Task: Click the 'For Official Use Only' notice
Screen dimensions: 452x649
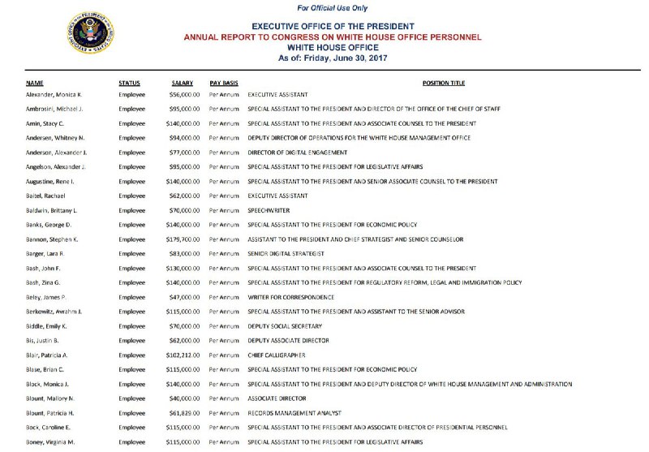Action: pos(332,8)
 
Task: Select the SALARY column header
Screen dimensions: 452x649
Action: pos(183,83)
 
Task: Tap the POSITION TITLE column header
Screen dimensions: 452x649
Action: pos(444,83)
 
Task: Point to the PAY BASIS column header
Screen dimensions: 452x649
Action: pos(224,83)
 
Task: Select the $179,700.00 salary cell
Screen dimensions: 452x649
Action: pos(183,239)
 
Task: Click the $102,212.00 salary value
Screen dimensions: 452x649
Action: pos(183,355)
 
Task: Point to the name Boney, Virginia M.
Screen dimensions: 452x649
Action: pos(50,441)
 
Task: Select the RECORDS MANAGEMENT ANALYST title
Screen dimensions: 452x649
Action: pos(294,413)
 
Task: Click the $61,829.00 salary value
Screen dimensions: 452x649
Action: pos(186,413)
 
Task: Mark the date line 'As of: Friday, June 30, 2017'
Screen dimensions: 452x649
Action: pos(332,58)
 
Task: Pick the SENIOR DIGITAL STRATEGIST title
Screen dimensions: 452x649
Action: pos(286,254)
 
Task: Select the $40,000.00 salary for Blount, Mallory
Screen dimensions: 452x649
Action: pos(186,398)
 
